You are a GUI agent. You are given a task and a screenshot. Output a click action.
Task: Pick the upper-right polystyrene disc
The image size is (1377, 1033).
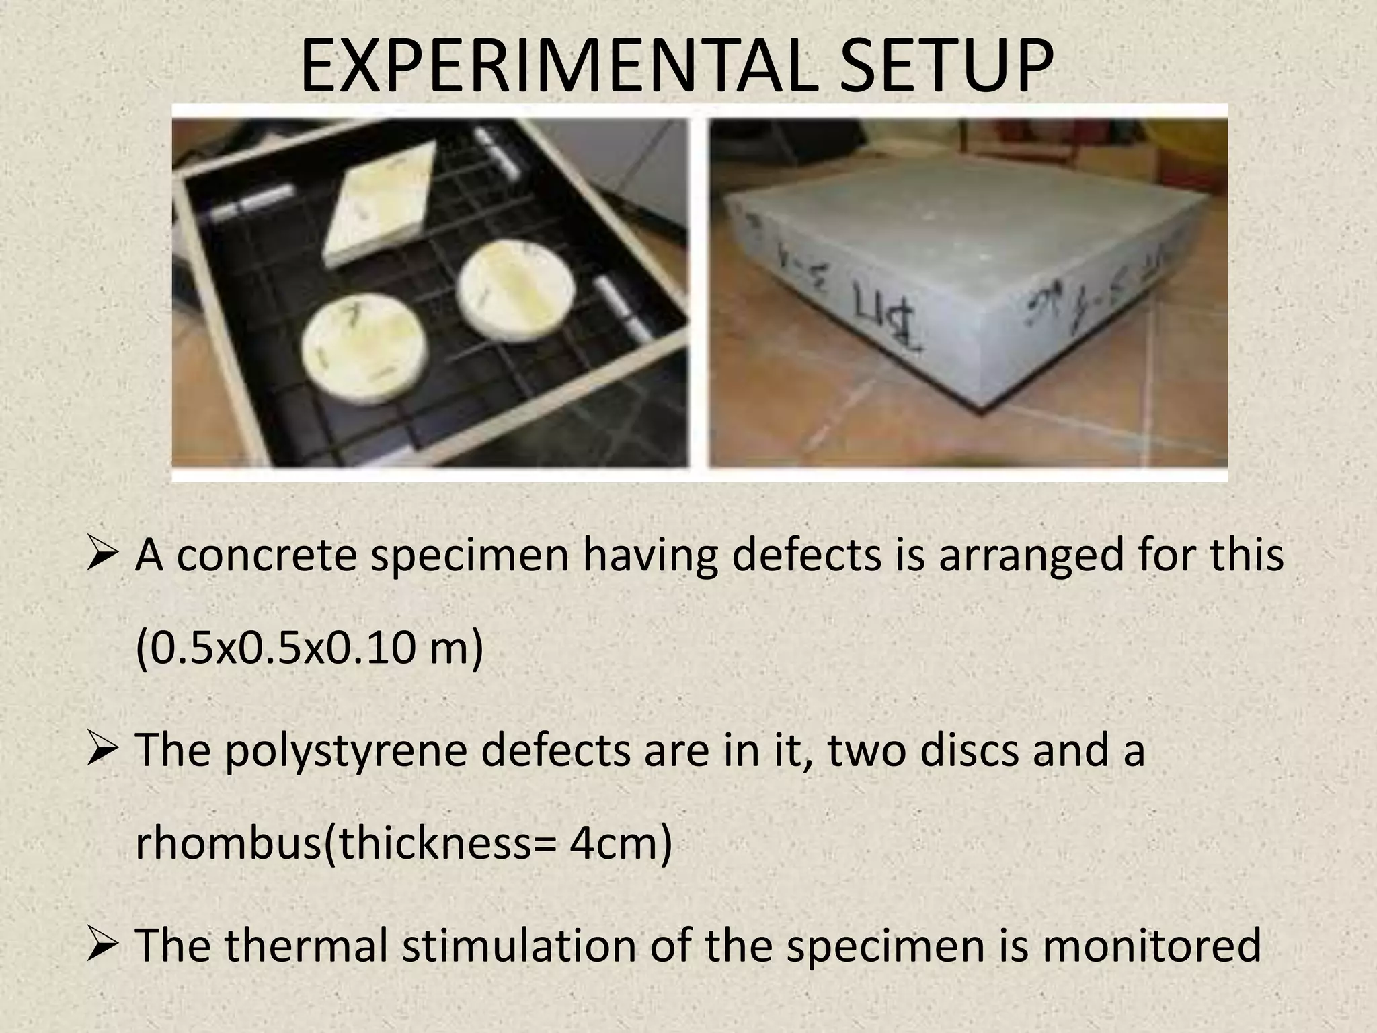(515, 289)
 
